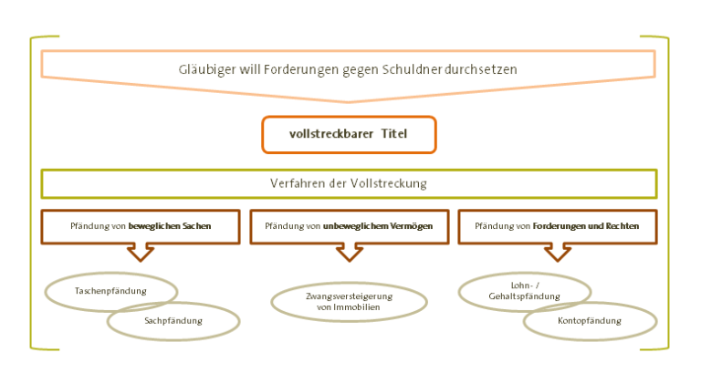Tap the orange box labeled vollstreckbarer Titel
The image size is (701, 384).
(x=349, y=134)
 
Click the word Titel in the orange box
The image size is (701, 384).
(x=394, y=134)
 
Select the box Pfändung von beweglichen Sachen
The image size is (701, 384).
(x=141, y=226)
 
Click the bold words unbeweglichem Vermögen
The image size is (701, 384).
(x=377, y=225)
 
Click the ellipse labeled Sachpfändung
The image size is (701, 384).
(x=174, y=321)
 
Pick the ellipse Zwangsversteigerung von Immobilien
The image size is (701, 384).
(x=349, y=302)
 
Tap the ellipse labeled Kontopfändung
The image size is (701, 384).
(x=590, y=321)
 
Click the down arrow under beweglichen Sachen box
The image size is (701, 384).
(x=141, y=252)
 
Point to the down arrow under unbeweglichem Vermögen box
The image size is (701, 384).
(x=350, y=252)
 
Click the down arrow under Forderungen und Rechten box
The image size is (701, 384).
(x=557, y=252)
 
